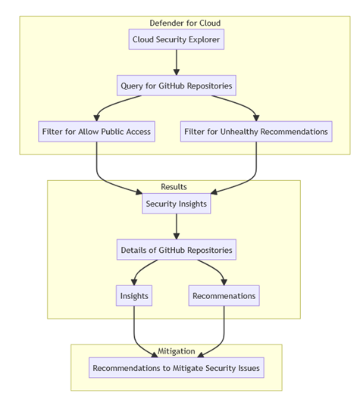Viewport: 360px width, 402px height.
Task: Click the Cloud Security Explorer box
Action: pyautogui.click(x=176, y=39)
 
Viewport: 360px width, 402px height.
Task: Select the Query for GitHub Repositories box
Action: pyautogui.click(x=176, y=85)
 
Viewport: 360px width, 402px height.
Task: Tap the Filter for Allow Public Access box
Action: pyautogui.click(x=96, y=131)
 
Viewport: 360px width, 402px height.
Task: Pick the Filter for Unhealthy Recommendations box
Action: pyautogui.click(x=256, y=131)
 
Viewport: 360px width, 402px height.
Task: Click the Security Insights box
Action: pyautogui.click(x=176, y=203)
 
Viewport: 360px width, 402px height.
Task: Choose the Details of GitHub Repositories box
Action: pyautogui.click(x=176, y=249)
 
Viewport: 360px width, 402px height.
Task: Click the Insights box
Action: pyautogui.click(x=134, y=295)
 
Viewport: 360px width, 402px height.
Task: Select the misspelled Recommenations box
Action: pyautogui.click(x=224, y=295)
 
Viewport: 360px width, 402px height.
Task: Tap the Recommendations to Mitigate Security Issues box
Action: pyautogui.click(x=176, y=368)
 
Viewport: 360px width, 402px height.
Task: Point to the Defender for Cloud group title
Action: pyautogui.click(x=176, y=22)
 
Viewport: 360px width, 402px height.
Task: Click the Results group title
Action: pyautogui.click(x=174, y=186)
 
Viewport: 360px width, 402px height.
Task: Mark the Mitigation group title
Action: pyautogui.click(x=176, y=351)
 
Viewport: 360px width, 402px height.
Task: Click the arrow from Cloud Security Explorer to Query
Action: pyautogui.click(x=176, y=62)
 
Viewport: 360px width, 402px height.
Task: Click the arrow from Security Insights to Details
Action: pyautogui.click(x=176, y=226)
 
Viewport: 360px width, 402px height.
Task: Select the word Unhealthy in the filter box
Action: pyautogui.click(x=244, y=131)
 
